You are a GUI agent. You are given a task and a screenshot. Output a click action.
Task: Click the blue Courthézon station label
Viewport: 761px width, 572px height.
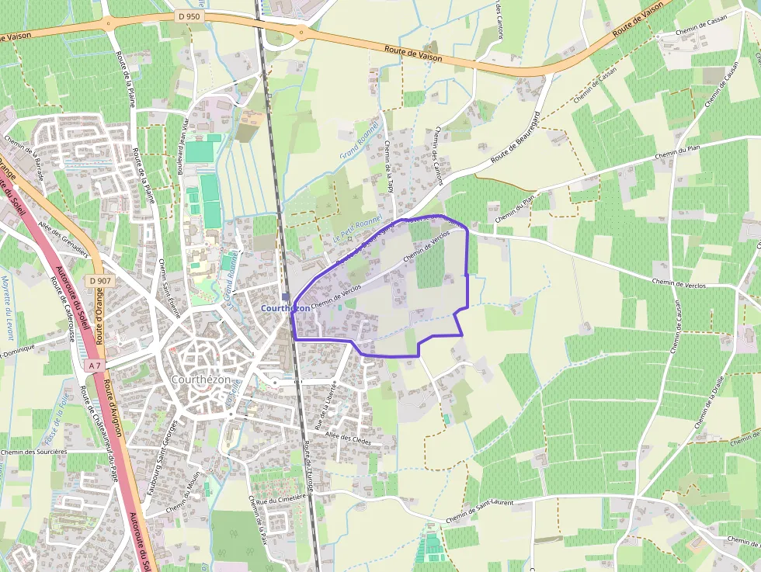pyautogui.click(x=286, y=308)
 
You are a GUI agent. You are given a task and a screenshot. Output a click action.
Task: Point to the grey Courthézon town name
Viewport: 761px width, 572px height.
pyautogui.click(x=201, y=380)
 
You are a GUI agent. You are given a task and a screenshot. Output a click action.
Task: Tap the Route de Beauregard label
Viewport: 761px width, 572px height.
pyautogui.click(x=516, y=143)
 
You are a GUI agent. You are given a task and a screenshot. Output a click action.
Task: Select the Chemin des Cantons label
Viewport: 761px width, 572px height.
pyautogui.click(x=439, y=156)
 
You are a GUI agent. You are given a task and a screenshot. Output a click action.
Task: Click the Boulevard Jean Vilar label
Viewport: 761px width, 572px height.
pyautogui.click(x=184, y=141)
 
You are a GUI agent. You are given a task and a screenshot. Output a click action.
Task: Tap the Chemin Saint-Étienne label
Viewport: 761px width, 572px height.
pyautogui.click(x=164, y=282)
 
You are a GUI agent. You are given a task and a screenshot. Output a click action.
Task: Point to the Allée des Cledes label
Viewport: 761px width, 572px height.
pyautogui.click(x=349, y=439)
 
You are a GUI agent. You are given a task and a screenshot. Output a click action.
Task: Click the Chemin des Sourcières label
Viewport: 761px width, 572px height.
pyautogui.click(x=34, y=451)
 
